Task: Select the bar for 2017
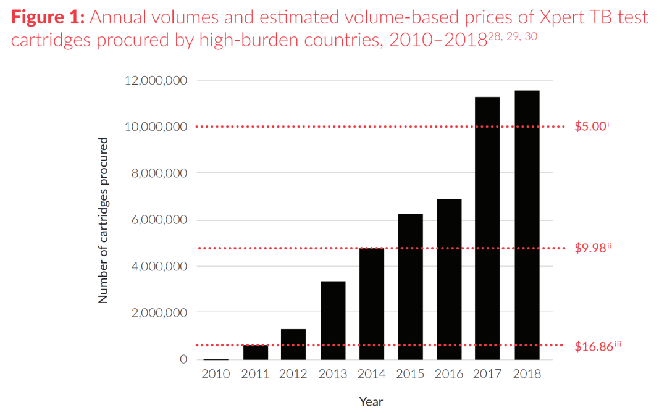point(487,228)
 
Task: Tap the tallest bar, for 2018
point(526,225)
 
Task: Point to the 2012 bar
point(293,344)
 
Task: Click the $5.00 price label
point(592,127)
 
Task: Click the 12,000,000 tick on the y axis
point(157,81)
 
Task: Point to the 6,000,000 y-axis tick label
point(160,220)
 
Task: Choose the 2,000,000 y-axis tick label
point(160,313)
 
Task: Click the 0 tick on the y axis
point(183,359)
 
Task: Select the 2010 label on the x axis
point(216,374)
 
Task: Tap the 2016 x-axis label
point(448,374)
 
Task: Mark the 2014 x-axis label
point(371,374)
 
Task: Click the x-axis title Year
point(371,401)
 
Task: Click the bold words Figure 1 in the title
point(48,17)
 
